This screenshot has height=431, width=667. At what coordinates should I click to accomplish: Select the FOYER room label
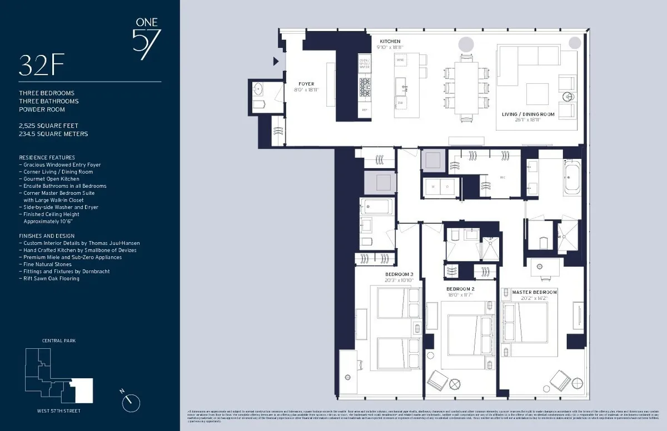point(306,84)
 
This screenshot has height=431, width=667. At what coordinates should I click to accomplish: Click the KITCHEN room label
point(390,42)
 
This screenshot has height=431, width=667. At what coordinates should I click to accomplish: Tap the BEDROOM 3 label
point(399,274)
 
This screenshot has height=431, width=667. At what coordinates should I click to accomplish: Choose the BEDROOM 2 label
point(460,289)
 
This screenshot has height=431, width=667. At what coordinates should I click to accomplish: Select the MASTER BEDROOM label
point(534,292)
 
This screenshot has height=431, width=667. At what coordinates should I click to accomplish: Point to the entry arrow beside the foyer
point(275,62)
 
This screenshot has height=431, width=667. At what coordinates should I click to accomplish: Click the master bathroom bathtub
point(573,178)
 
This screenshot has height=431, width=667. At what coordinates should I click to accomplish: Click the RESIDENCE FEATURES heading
point(47,158)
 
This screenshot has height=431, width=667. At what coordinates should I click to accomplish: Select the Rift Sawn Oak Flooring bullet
point(51,279)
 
